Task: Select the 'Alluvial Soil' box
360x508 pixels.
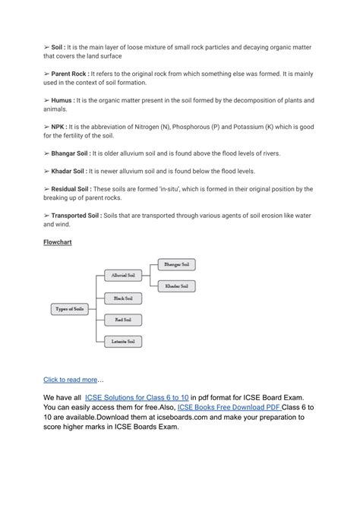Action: pyautogui.click(x=122, y=275)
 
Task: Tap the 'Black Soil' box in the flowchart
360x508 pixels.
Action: pyautogui.click(x=122, y=298)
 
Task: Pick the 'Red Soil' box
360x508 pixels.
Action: pyautogui.click(x=122, y=320)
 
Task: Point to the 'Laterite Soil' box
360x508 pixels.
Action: pyautogui.click(x=122, y=342)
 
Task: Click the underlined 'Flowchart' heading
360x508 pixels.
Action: pyautogui.click(x=61, y=242)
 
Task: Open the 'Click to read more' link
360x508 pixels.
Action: pyautogui.click(x=71, y=379)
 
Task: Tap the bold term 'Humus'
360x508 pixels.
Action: pyautogui.click(x=68, y=100)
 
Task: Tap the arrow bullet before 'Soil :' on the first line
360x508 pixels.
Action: pyautogui.click(x=46, y=46)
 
